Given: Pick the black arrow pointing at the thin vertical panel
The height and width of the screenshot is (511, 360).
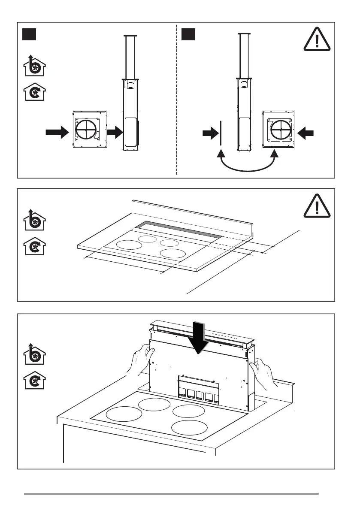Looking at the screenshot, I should click(210, 134).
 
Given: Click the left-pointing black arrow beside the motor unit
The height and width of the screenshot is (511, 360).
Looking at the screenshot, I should click(306, 134).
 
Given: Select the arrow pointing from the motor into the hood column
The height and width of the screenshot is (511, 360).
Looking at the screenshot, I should click(115, 133).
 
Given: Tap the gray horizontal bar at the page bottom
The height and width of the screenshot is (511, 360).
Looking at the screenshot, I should click(171, 494).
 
